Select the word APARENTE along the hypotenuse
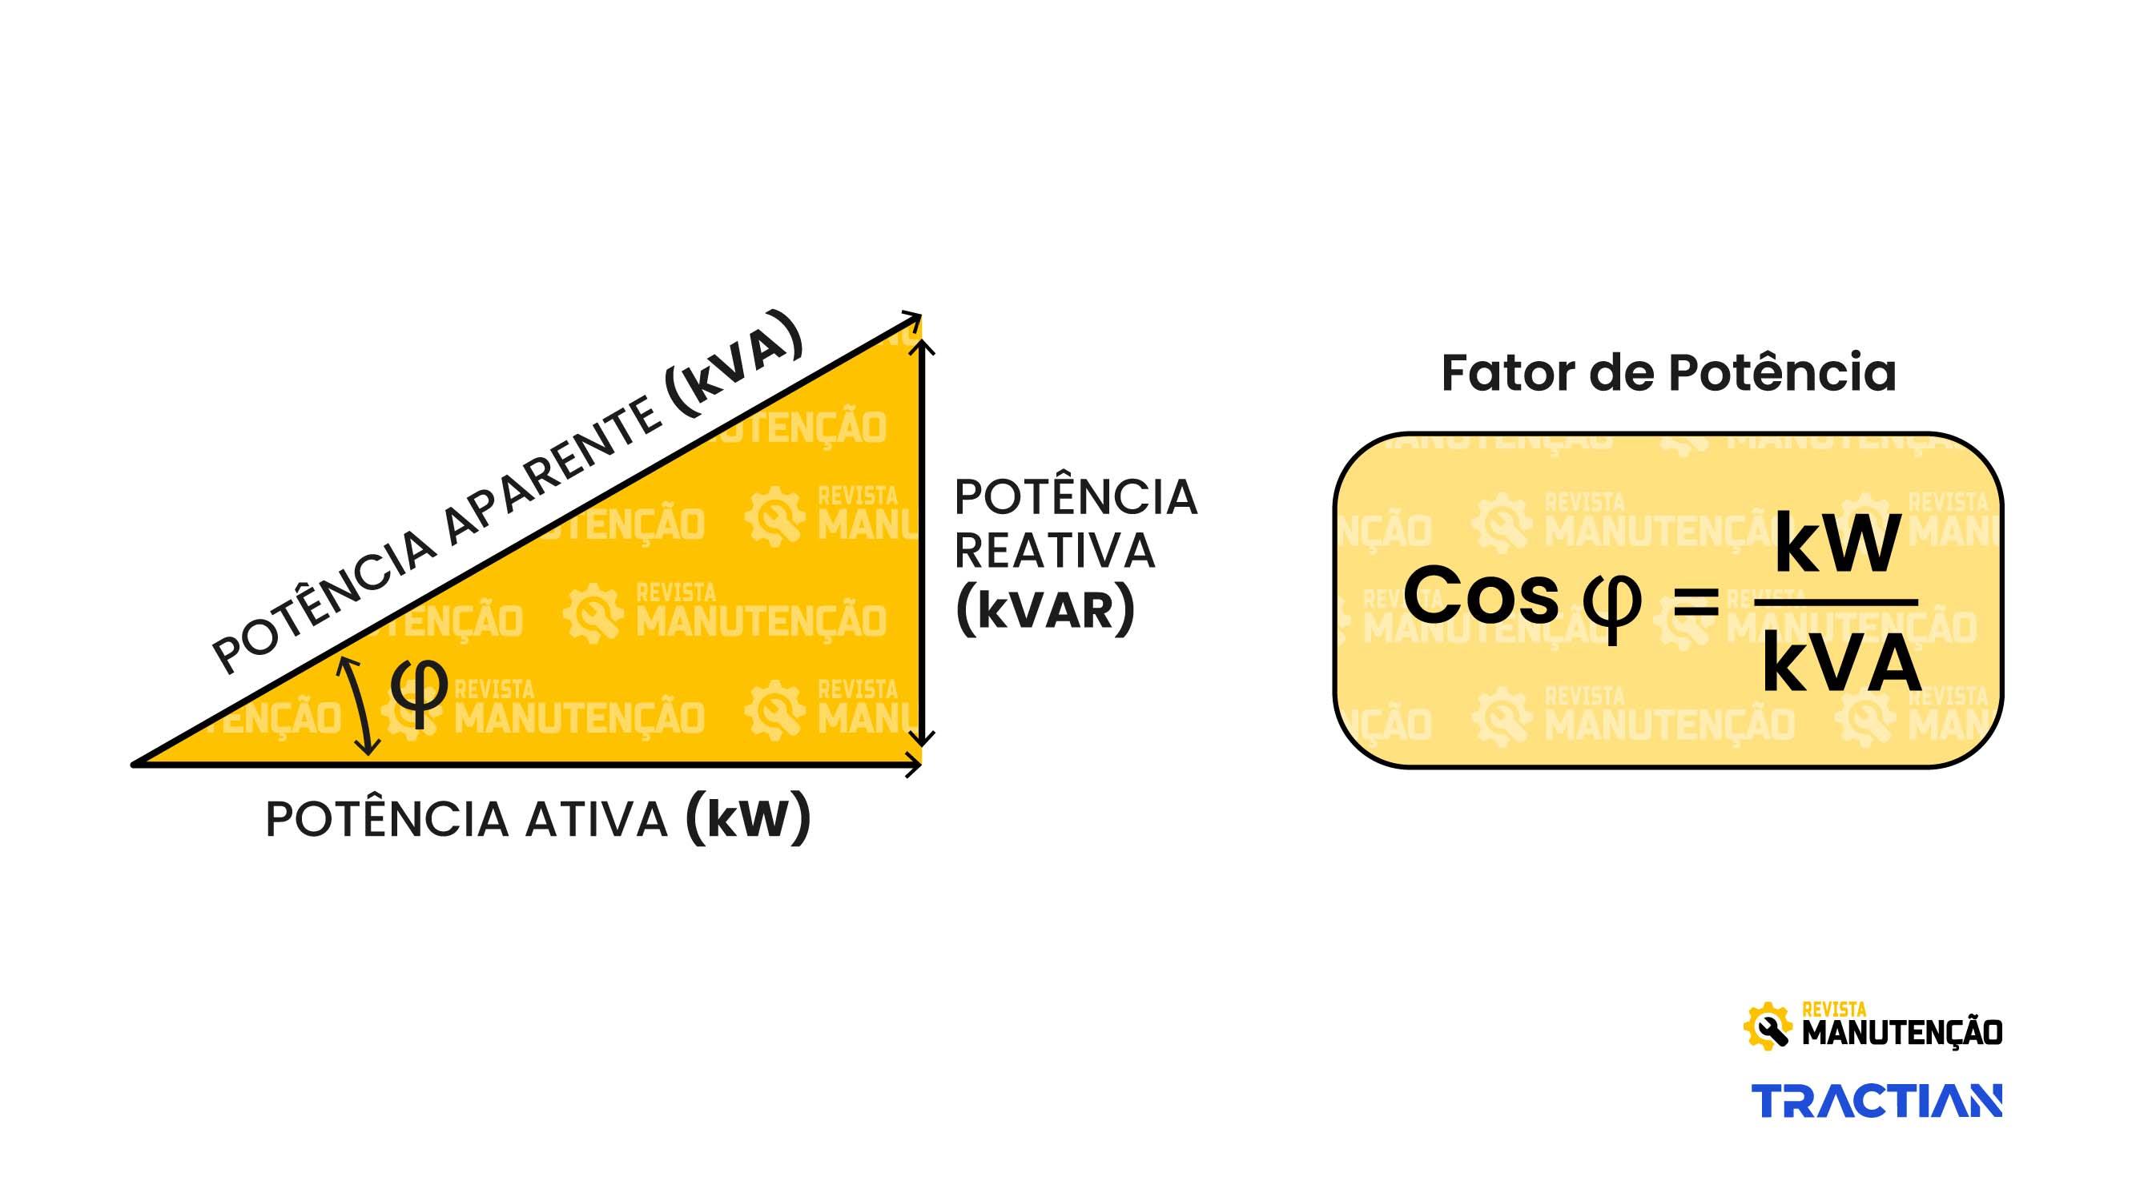click(553, 475)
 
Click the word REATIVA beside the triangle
click(1055, 551)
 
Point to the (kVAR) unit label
click(1045, 609)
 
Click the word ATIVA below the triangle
click(596, 820)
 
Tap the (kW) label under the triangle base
click(748, 819)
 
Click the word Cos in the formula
click(1481, 594)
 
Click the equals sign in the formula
click(1696, 603)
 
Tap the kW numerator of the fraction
click(1836, 544)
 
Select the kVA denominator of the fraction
click(1840, 665)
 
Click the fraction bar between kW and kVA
click(1836, 603)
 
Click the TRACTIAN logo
click(1877, 1101)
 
